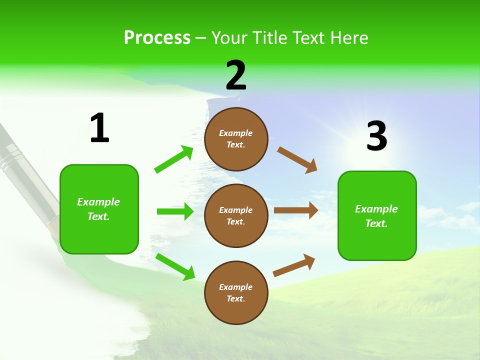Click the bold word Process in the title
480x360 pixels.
157,37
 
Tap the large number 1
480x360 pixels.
99,128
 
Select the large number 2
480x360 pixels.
236,75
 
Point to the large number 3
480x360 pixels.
376,136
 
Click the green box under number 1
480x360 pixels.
99,209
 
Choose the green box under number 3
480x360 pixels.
377,216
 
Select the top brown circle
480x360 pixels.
236,139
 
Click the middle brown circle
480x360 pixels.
236,215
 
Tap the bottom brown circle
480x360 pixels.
236,292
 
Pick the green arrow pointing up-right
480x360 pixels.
174,159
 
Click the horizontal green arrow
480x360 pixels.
175,211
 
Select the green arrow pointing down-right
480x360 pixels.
175,266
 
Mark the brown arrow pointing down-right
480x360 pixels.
297,160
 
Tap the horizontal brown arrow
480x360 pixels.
296,210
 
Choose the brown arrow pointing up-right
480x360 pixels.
294,265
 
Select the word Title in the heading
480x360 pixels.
271,37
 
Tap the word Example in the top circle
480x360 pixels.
236,133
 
